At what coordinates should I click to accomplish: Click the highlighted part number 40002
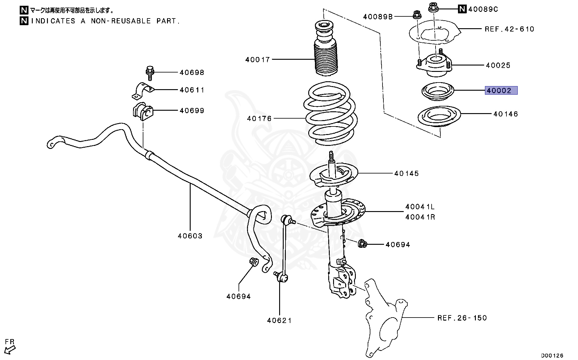[501, 90]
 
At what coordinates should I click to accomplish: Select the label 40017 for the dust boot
[257, 60]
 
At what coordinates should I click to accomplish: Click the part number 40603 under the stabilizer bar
[190, 236]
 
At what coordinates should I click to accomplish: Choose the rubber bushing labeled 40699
[142, 112]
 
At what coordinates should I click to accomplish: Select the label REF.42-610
[509, 29]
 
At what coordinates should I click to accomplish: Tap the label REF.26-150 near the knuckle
[462, 318]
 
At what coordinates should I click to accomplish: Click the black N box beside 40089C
[462, 9]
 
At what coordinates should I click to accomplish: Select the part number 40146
[506, 114]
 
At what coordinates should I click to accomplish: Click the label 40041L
[420, 207]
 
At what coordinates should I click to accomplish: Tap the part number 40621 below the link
[279, 320]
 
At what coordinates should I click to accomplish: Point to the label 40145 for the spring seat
[406, 173]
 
